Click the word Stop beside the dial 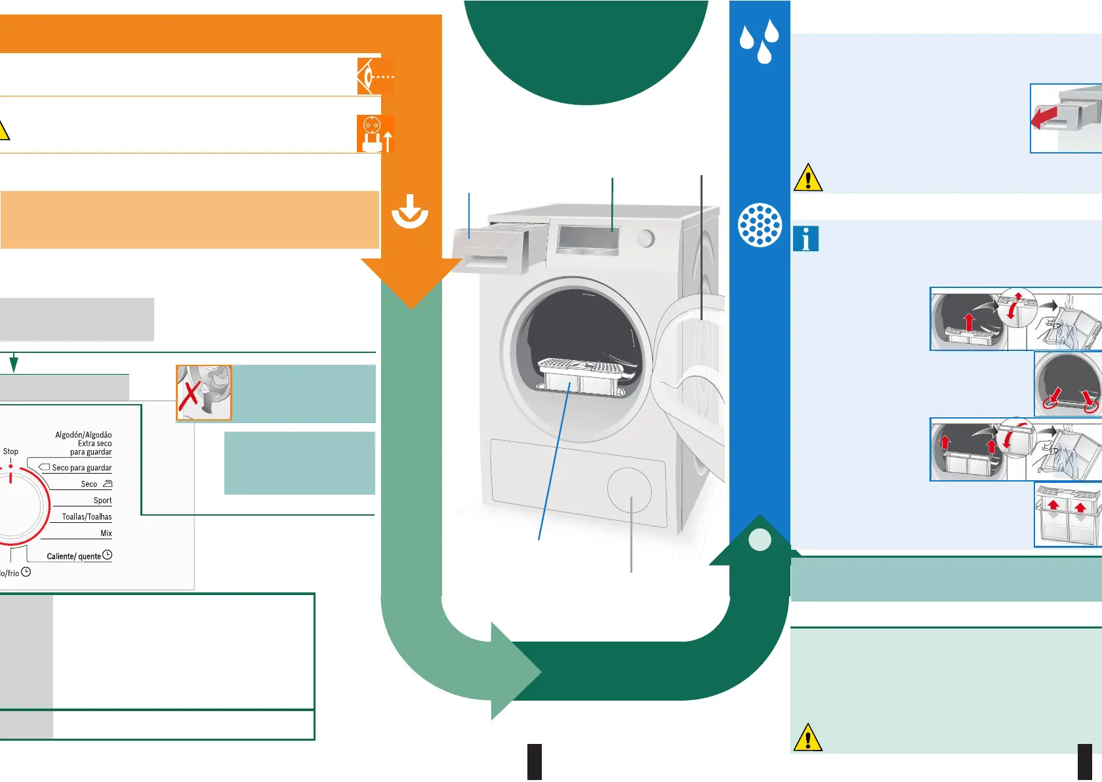click(10, 451)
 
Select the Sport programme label click(102, 501)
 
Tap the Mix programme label click(106, 533)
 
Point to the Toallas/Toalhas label click(87, 517)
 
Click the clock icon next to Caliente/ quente click(108, 555)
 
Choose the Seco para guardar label click(81, 468)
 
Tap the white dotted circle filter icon click(760, 225)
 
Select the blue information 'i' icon click(806, 239)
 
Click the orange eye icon click(375, 76)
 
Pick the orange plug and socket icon click(375, 134)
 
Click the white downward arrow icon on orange click(410, 211)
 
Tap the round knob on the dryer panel click(646, 238)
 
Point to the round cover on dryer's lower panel click(629, 490)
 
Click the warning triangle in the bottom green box click(807, 738)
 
